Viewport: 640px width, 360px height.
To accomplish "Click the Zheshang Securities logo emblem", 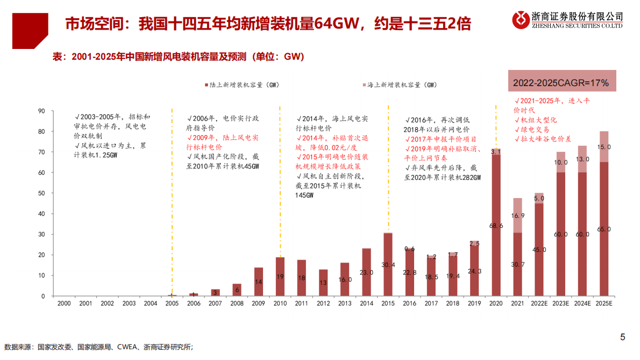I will point(521,20).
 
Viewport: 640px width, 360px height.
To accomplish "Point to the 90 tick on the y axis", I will point(41,111).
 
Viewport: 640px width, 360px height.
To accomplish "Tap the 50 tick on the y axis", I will point(41,193).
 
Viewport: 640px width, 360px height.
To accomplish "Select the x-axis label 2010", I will point(280,304).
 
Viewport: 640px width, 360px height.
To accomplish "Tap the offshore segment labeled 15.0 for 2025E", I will point(604,147).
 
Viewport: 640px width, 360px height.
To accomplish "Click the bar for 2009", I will point(259,282).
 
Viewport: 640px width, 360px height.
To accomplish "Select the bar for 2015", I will point(388,265).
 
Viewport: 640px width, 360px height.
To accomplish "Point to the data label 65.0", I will point(605,229).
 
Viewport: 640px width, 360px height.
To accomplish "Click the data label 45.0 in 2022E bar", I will point(539,250).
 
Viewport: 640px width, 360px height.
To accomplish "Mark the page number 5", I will point(623,337).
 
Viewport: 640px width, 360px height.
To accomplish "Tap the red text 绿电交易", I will point(534,130).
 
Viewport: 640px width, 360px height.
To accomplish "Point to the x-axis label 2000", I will point(64,304).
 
